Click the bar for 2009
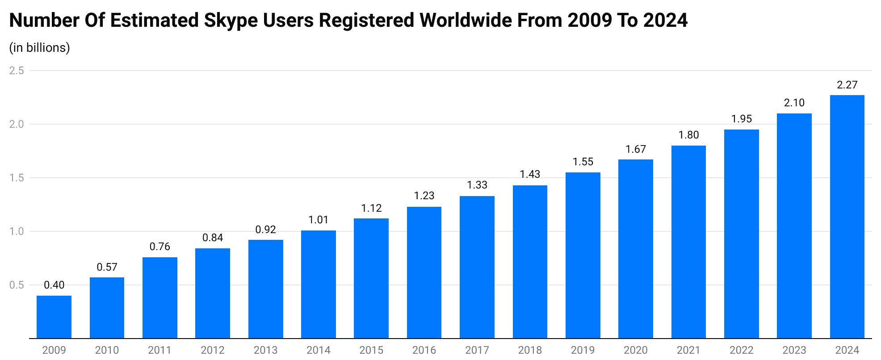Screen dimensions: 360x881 tap(54, 317)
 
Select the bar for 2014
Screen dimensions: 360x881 tap(318, 284)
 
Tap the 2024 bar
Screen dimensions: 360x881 tap(847, 217)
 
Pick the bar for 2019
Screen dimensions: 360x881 tap(583, 255)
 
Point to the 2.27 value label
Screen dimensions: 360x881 tap(847, 85)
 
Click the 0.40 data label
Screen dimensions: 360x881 tap(54, 285)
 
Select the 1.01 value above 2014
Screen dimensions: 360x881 tap(318, 220)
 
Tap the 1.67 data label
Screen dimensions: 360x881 tap(635, 149)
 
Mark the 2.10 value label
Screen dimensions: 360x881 tap(794, 103)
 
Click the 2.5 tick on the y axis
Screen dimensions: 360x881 tap(17, 71)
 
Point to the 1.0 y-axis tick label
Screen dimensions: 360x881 tap(17, 231)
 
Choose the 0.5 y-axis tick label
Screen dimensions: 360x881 tap(17, 285)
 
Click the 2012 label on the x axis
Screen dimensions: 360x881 tap(213, 350)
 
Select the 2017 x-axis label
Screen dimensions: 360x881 tap(477, 350)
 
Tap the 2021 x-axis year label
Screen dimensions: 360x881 tap(688, 350)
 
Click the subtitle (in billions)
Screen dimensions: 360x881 tap(39, 48)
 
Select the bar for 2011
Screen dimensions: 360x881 tap(160, 297)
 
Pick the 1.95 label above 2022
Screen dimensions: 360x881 tap(741, 119)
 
